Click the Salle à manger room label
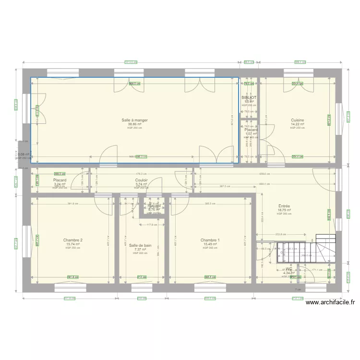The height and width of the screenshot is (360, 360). point(134,120)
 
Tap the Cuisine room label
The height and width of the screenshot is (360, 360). point(298,120)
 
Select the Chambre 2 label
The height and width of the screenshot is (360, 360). point(73,240)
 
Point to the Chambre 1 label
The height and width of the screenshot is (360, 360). point(210,240)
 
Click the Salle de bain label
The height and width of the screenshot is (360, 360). point(140,245)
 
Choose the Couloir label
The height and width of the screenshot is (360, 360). point(141,180)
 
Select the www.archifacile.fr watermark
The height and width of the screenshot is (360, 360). point(330,302)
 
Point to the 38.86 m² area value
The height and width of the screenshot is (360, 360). point(134,124)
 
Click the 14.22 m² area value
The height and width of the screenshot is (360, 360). point(298,124)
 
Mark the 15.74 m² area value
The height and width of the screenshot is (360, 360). point(73,244)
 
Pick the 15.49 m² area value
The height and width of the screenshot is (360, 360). point(210,244)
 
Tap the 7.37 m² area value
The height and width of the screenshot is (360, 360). point(140,250)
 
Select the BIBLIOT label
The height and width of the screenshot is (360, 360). point(249,97)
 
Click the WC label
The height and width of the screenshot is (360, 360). point(288,269)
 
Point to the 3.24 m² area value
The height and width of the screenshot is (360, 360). point(60,184)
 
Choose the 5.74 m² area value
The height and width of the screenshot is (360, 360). point(141,184)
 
